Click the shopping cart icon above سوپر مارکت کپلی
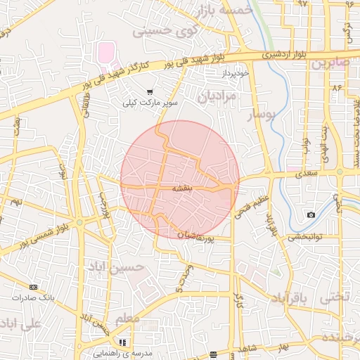click(150, 92)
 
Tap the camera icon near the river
click(311, 214)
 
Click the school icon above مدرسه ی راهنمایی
click(123, 342)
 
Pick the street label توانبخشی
click(304, 237)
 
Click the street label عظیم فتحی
click(250, 202)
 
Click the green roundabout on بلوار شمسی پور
click(79, 223)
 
